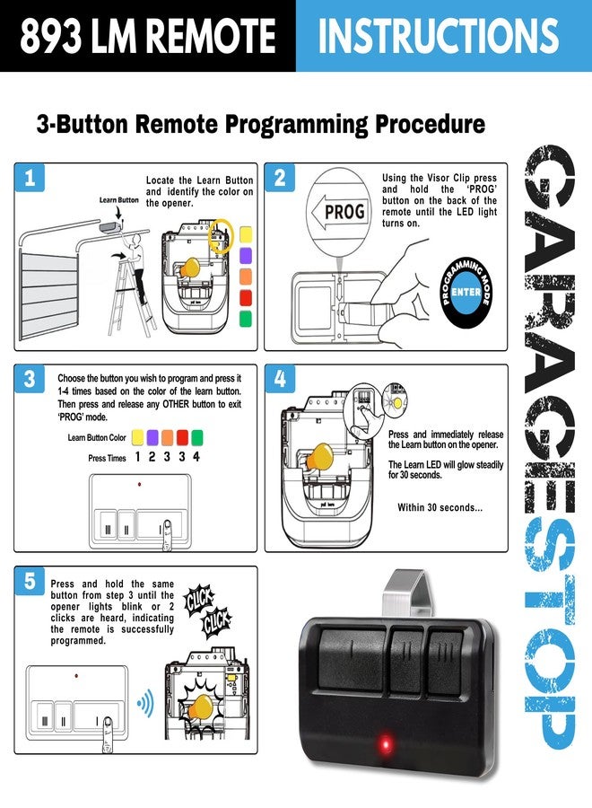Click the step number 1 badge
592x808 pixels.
pos(30,178)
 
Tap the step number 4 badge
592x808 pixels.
pos(280,379)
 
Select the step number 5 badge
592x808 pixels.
pos(30,581)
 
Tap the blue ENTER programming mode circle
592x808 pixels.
pos(466,292)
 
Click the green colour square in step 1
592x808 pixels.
pos(246,319)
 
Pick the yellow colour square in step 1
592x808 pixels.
pos(246,234)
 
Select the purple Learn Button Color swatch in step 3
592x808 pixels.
pos(152,437)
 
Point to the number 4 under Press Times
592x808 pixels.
pos(196,457)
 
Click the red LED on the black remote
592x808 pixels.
pos(385,746)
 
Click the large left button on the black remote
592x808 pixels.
pos(352,660)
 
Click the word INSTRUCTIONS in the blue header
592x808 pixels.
pos(438,36)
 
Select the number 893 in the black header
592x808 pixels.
pos(50,36)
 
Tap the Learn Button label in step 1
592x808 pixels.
pos(119,200)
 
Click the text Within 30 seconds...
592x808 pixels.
pos(440,507)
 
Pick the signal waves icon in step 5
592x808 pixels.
pos(145,703)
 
